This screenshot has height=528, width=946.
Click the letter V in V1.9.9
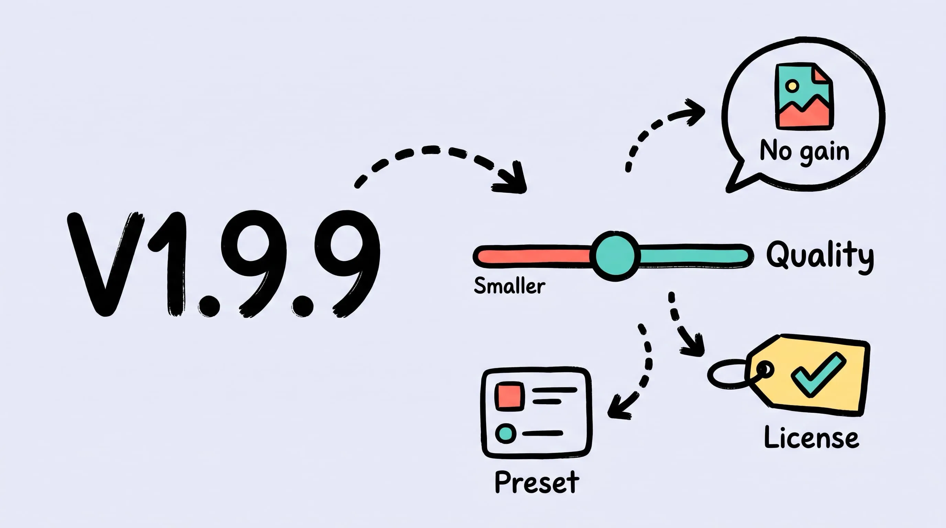click(106, 264)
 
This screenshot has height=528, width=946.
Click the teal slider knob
click(615, 256)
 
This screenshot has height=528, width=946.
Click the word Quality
click(819, 256)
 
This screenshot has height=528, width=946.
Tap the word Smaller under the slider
click(509, 286)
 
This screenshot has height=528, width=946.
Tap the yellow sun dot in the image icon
click(792, 86)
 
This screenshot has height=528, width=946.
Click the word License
click(811, 437)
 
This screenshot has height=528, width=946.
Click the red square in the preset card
click(509, 397)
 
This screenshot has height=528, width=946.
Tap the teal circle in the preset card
click(506, 433)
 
